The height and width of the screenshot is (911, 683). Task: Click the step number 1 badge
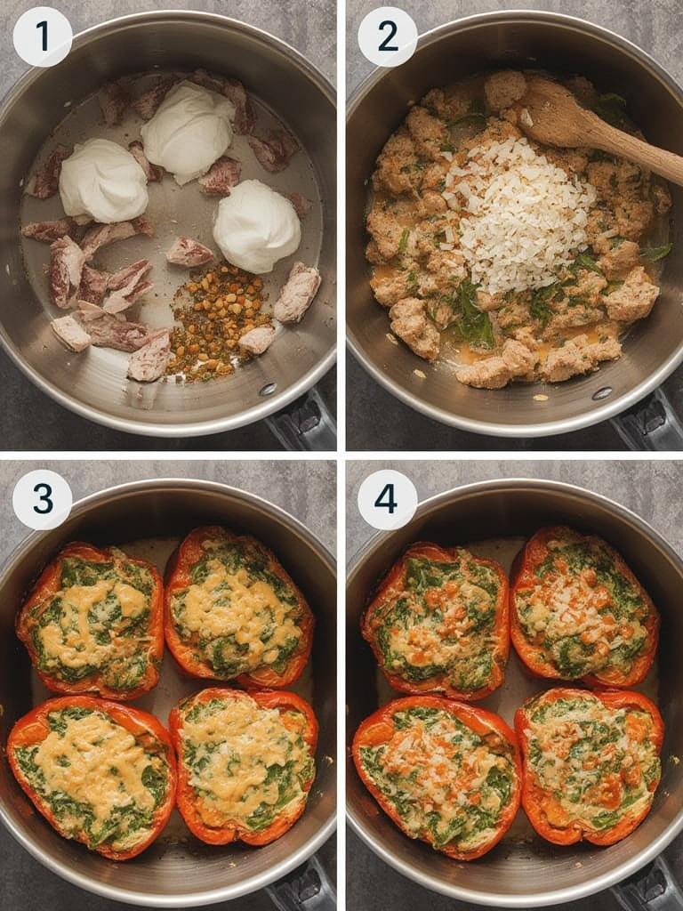(43, 36)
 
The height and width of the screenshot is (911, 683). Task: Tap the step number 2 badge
(388, 36)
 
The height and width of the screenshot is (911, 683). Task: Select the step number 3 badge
(43, 499)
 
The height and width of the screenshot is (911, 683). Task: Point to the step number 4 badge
(388, 499)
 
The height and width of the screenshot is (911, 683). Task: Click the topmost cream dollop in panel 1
(189, 131)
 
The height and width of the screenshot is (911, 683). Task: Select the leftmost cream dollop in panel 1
(103, 181)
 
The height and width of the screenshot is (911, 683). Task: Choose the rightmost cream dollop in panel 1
(256, 225)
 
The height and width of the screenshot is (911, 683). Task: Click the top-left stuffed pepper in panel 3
(92, 619)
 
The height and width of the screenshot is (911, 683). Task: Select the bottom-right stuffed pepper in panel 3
(244, 765)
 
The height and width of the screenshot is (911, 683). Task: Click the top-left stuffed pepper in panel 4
(436, 619)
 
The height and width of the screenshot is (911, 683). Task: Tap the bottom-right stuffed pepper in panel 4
(589, 765)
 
